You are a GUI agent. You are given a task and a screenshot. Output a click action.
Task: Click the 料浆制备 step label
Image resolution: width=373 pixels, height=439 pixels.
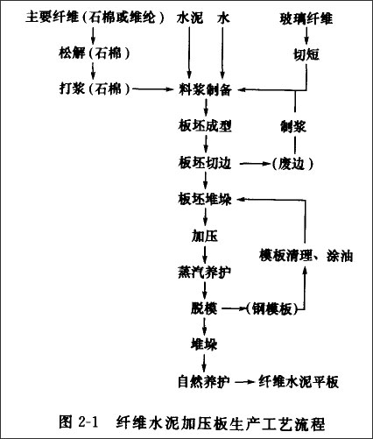(205, 89)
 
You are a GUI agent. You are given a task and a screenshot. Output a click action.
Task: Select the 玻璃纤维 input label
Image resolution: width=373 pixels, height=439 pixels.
(306, 18)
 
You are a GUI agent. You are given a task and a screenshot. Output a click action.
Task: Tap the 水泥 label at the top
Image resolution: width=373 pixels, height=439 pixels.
(190, 18)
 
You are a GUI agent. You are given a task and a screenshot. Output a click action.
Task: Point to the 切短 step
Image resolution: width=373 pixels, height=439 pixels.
(306, 54)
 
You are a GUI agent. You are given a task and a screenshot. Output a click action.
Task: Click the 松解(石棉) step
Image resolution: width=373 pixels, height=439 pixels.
(95, 53)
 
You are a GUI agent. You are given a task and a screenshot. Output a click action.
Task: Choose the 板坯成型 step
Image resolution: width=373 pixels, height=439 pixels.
(205, 126)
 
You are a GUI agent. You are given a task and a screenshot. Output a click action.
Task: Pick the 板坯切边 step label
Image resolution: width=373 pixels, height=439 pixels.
(205, 163)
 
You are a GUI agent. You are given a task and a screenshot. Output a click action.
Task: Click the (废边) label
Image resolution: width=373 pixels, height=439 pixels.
(292, 164)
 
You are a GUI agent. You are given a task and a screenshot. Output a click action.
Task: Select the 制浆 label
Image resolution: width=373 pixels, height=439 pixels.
(293, 127)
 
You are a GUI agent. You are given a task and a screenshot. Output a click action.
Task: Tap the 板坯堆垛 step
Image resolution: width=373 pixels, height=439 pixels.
(205, 200)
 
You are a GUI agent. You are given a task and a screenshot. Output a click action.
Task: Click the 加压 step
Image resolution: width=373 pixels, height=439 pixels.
(205, 236)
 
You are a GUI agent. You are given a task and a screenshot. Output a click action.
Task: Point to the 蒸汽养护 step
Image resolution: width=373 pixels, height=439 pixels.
(205, 273)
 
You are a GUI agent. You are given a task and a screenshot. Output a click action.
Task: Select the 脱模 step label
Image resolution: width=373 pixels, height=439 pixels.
(204, 308)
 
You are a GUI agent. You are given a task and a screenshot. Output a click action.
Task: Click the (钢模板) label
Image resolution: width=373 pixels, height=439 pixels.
(272, 309)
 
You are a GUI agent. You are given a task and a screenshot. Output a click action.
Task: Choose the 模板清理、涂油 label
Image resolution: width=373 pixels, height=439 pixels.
(306, 256)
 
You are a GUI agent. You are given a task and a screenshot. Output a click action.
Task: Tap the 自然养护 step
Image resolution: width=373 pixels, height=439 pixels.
(204, 382)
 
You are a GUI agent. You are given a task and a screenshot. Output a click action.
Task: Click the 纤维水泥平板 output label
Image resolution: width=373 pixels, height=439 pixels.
(299, 382)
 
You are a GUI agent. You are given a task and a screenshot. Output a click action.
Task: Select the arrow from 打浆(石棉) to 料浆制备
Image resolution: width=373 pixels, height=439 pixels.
(153, 89)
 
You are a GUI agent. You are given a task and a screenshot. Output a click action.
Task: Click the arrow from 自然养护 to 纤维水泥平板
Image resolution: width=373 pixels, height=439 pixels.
(244, 382)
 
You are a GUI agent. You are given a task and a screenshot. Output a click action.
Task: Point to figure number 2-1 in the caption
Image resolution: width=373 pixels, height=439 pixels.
(88, 421)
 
